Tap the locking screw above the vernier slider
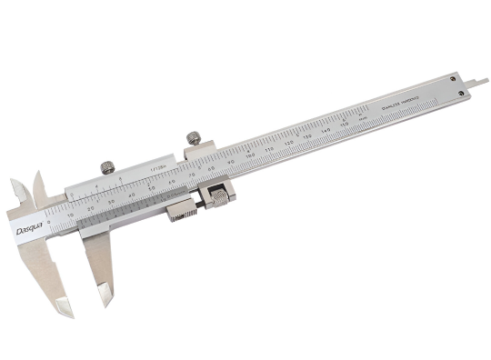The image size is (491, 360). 107,166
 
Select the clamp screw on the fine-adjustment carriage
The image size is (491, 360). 192,138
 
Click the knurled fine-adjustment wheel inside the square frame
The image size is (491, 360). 219,195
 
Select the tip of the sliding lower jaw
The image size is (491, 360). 106,297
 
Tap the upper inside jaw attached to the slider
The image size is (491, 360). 38,186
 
